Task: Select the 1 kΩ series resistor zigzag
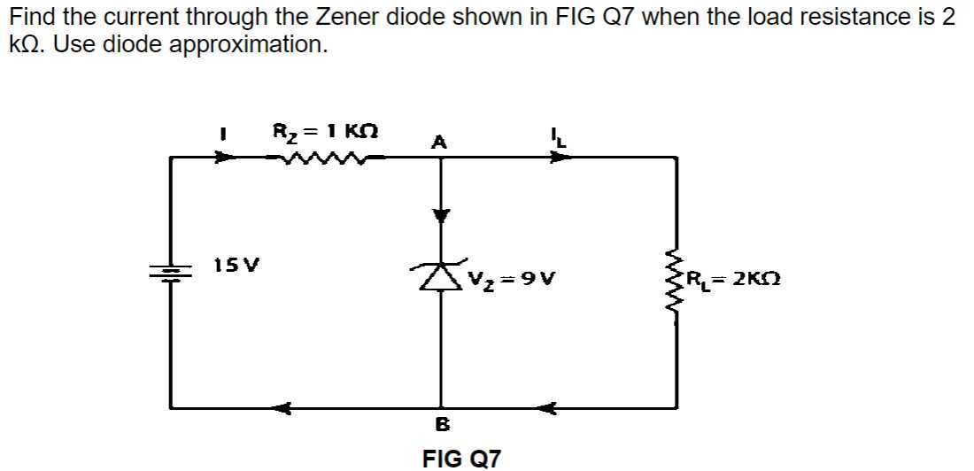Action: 316,158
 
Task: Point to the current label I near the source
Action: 223,135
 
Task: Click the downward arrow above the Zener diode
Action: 441,214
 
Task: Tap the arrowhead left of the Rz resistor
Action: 227,158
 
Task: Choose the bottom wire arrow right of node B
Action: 546,408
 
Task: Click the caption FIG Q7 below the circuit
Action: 461,458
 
